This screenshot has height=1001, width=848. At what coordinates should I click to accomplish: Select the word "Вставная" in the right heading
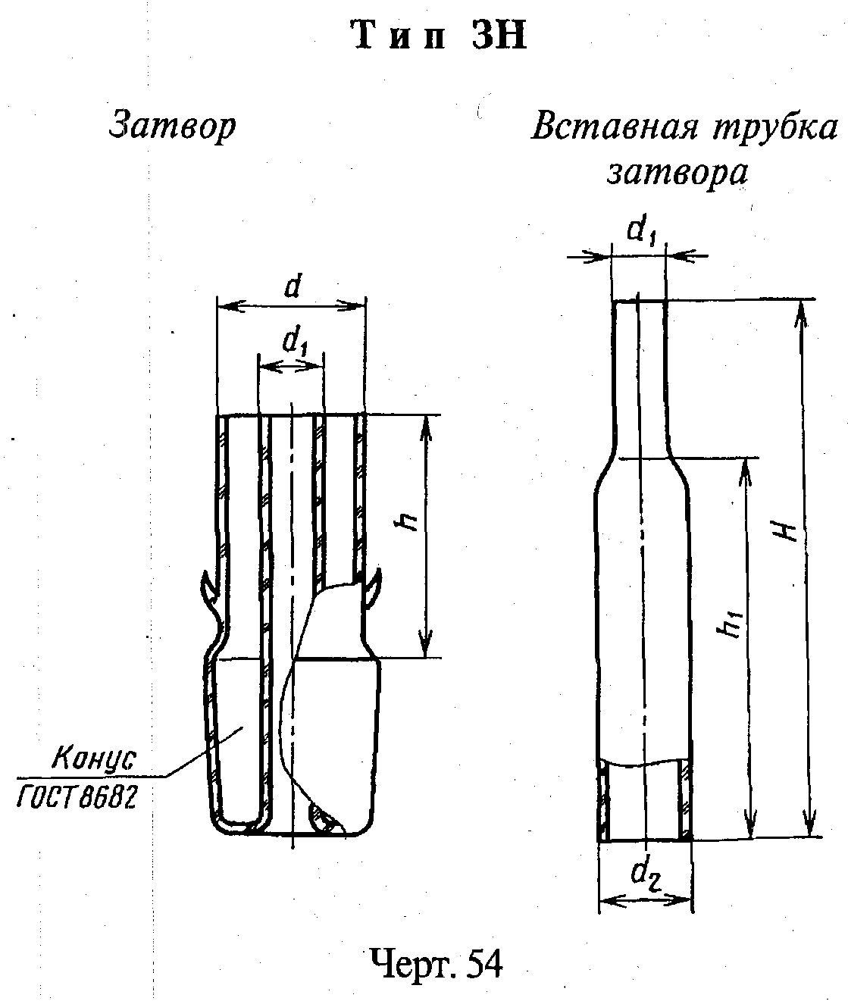tap(614, 128)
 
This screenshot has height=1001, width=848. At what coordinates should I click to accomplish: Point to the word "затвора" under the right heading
tap(677, 173)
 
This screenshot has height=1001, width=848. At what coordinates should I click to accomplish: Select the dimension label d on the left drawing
tap(292, 288)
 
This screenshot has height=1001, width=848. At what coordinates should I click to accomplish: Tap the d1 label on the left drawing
tap(295, 343)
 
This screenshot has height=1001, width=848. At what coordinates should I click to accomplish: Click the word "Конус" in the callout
tap(93, 759)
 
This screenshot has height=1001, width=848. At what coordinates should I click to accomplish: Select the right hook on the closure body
tap(374, 587)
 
